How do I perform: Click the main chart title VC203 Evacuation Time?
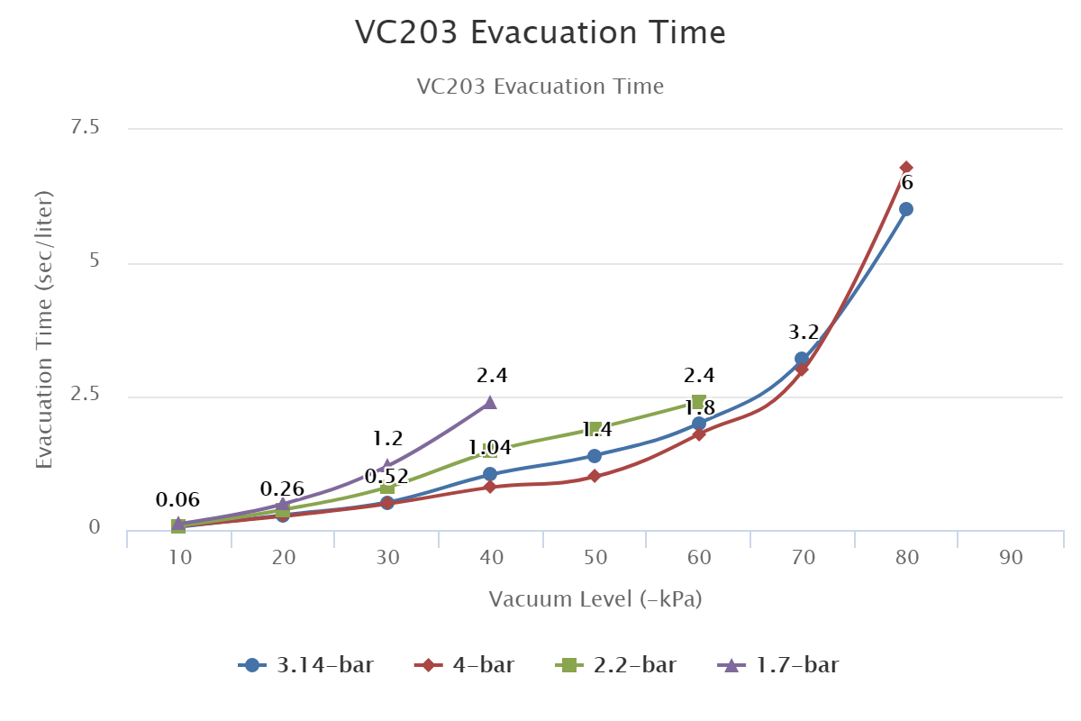(540, 32)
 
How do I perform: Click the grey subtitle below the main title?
(540, 87)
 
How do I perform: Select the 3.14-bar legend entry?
(306, 666)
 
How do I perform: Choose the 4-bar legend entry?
(465, 666)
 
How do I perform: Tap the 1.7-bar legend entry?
(778, 666)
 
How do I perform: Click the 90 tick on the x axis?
(1011, 558)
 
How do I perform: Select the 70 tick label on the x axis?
(804, 558)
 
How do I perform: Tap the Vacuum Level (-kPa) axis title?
(595, 599)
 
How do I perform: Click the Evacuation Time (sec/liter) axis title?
(44, 329)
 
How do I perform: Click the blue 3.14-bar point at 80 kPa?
(906, 209)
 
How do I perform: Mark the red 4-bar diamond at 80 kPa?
(906, 168)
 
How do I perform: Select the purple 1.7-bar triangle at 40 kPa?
(490, 402)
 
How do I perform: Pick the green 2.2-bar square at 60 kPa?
(698, 402)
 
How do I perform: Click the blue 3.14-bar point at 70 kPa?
(802, 359)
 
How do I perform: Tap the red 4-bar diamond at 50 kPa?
(595, 476)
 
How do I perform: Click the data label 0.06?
(177, 500)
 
